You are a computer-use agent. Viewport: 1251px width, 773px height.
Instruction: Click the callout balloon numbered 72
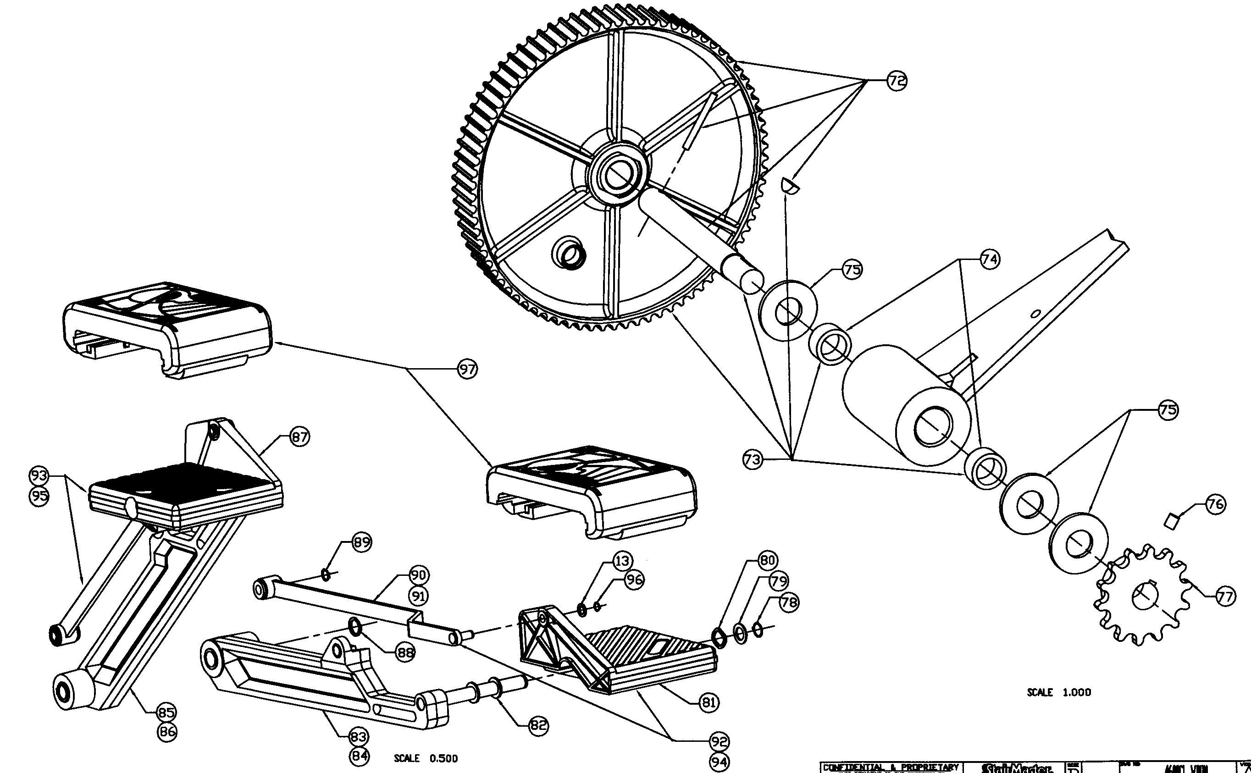[897, 81]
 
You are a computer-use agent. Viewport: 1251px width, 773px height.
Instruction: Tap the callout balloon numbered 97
[467, 369]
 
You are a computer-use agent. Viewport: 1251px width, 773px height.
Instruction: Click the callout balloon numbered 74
[990, 260]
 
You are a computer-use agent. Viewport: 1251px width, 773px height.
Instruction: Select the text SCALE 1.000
[1059, 693]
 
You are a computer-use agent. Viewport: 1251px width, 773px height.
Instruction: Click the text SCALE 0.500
[426, 759]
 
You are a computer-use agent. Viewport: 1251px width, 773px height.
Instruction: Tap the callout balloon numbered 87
[299, 437]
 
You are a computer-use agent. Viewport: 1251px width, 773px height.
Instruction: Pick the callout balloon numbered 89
[361, 542]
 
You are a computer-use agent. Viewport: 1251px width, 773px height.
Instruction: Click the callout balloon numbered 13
[622, 561]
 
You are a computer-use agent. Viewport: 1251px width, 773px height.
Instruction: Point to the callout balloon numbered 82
[538, 725]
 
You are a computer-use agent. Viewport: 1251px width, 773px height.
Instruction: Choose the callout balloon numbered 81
[709, 703]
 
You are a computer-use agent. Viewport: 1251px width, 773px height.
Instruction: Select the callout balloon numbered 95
[39, 496]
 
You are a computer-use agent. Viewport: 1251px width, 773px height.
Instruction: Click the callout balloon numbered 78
[789, 602]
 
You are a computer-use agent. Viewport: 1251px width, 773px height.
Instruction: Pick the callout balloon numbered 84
[359, 756]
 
